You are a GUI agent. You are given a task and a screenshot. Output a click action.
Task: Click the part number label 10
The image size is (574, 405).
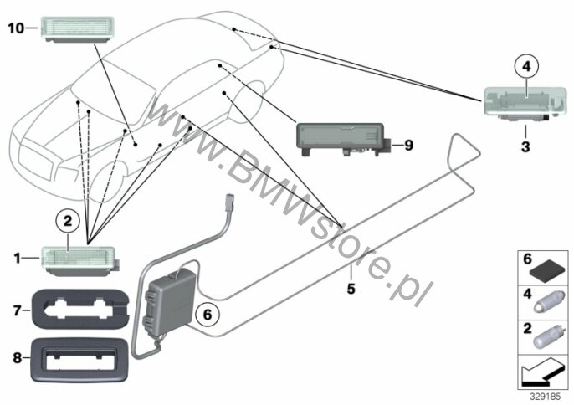(x=16, y=28)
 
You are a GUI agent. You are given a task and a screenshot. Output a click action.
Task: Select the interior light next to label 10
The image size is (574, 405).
(x=77, y=29)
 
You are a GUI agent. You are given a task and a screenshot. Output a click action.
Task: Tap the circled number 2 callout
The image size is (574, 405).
(x=68, y=222)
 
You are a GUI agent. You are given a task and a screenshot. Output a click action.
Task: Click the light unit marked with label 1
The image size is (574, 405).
(x=79, y=260)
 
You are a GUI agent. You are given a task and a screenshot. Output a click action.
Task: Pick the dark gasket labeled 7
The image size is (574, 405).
(x=80, y=309)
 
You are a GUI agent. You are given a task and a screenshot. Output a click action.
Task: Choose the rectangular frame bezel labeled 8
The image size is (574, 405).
(x=79, y=361)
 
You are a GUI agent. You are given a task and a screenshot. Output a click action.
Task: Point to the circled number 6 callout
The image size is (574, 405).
(x=208, y=315)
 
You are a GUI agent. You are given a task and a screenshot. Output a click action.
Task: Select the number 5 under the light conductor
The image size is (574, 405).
(x=351, y=289)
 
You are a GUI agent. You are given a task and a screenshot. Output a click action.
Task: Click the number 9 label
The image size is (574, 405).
(x=408, y=146)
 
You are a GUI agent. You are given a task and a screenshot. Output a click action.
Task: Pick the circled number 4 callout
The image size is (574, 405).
(x=526, y=67)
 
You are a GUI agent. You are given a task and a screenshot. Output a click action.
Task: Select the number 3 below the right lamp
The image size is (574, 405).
(x=525, y=146)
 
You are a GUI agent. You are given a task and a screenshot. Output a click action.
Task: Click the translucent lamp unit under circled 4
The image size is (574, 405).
(x=525, y=103)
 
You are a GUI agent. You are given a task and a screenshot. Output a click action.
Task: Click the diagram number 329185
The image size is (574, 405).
(x=546, y=397)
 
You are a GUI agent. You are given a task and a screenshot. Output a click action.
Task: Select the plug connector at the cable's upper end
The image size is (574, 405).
(x=231, y=202)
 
